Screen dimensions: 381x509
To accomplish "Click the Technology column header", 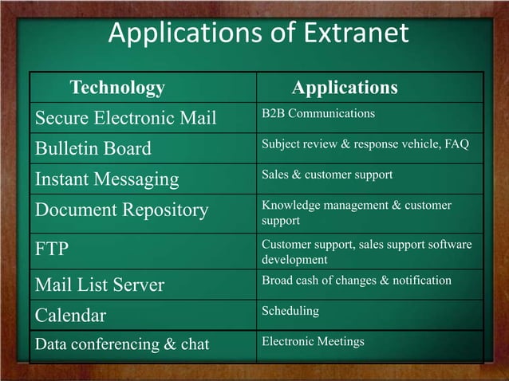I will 117,88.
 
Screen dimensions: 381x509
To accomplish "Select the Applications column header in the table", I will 345,88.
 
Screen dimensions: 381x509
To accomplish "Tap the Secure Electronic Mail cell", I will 125,118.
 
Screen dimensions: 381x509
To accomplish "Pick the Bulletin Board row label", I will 93,149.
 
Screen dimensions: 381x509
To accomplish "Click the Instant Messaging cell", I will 107,179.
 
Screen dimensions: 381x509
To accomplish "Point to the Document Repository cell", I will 121,210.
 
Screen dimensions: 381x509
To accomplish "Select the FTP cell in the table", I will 52,249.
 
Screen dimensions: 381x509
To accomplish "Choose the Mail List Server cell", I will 100,285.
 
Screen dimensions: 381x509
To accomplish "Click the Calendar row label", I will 70,315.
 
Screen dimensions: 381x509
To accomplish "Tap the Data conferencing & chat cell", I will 122,344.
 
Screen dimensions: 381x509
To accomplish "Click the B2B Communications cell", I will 318,113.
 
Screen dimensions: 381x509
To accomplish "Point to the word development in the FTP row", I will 294,260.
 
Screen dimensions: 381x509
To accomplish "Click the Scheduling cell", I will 290,310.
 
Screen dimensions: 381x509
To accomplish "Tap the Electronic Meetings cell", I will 313,341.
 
